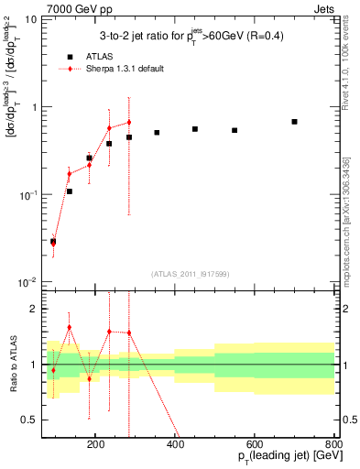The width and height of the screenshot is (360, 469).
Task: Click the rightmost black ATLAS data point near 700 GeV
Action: click(294, 122)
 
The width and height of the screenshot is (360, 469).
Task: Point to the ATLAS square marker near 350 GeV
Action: click(157, 133)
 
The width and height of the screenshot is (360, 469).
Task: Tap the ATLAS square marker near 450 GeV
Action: click(195, 129)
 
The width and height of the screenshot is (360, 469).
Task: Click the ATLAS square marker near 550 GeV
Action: click(235, 130)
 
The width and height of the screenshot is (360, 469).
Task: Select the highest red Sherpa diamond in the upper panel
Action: click(129, 122)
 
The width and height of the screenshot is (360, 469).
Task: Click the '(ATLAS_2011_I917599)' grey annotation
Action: click(191, 274)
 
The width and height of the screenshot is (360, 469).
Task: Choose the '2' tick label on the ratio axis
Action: click(34, 310)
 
